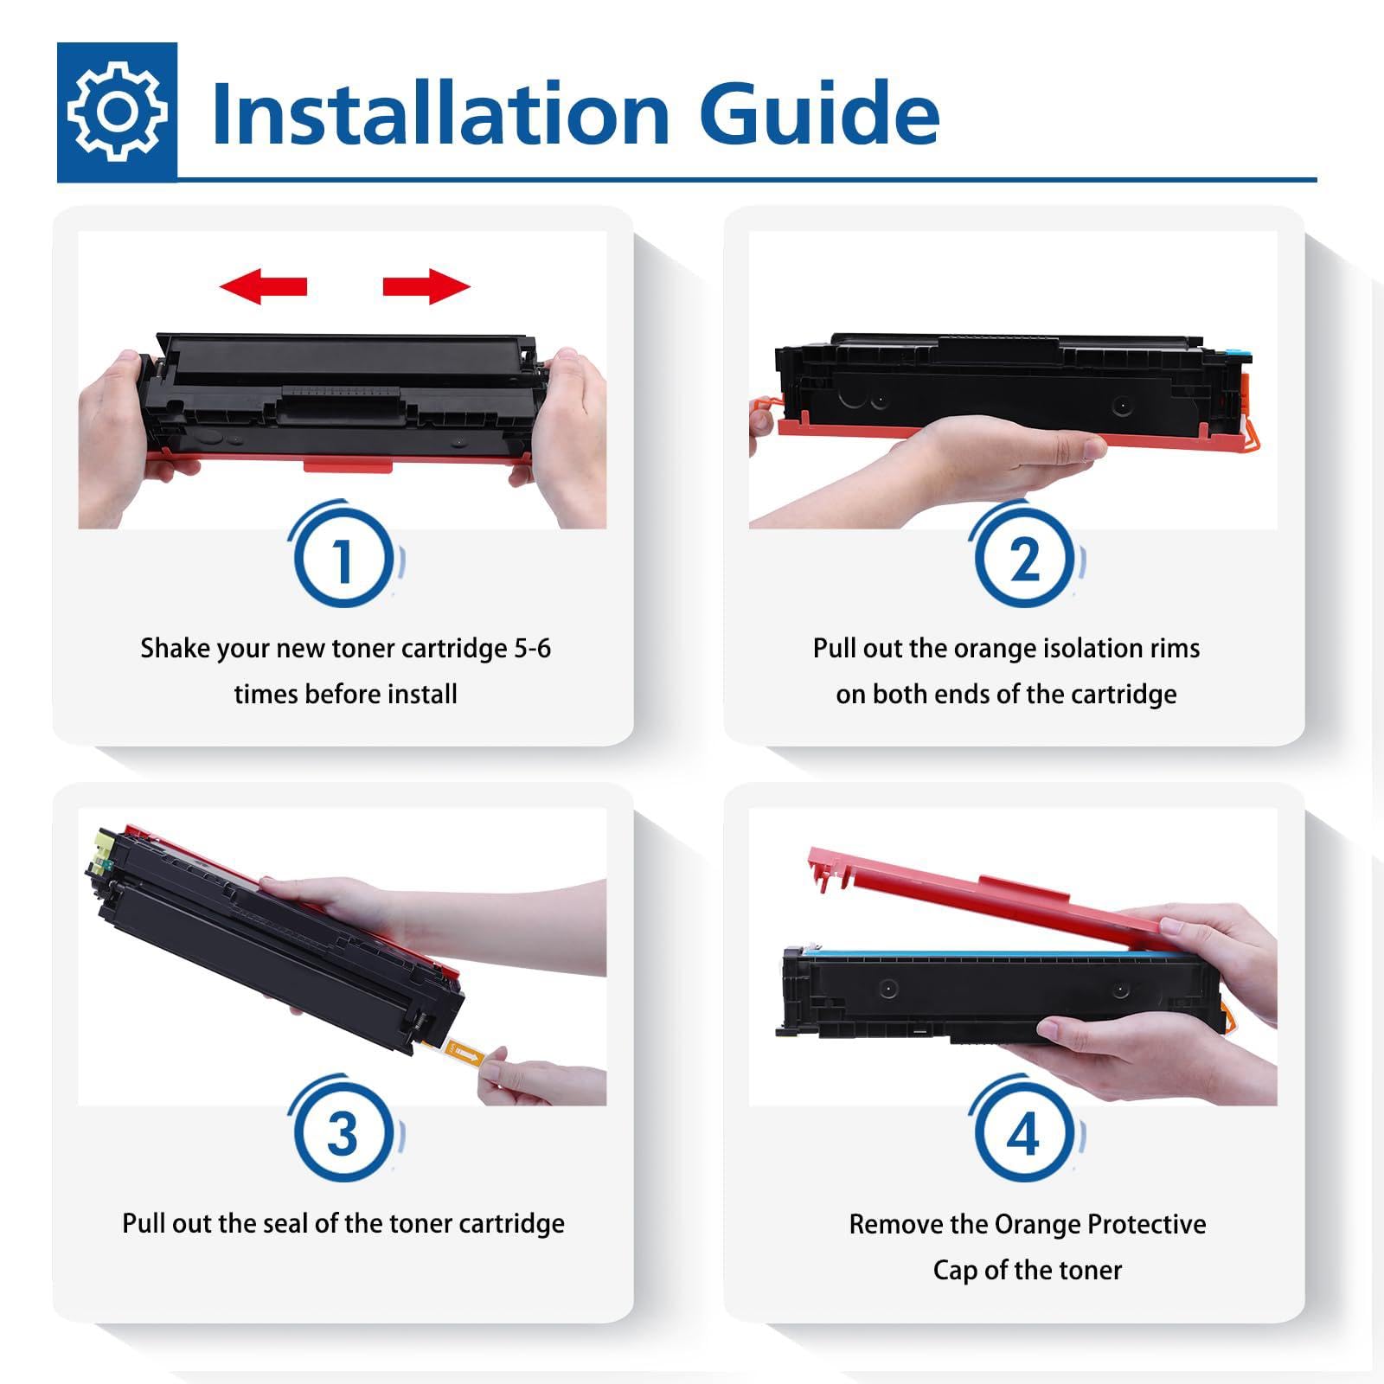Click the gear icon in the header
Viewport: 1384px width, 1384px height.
(x=117, y=112)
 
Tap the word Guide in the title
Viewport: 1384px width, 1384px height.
(x=819, y=113)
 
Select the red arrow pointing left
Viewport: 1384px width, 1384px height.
(x=263, y=285)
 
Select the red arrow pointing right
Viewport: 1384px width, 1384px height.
(x=426, y=285)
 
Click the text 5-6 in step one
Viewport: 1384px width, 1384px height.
(x=532, y=648)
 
